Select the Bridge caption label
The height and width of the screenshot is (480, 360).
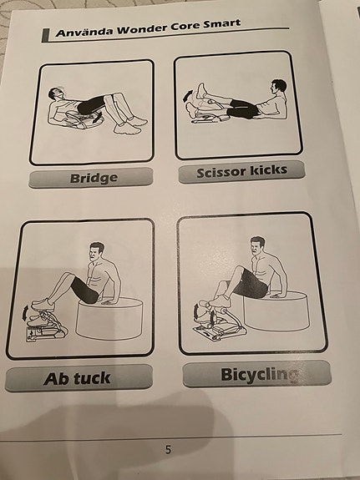point(91,177)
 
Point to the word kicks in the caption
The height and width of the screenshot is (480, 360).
point(268,170)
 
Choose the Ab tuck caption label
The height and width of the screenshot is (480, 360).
point(79,378)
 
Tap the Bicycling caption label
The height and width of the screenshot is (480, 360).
point(257,374)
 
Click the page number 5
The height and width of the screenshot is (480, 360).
point(168,449)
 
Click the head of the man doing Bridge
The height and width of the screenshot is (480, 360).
point(56,94)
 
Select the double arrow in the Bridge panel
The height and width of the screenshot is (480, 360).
point(98,118)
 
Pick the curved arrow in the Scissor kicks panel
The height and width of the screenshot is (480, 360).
point(187,96)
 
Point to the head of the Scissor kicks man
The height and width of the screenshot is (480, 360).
point(278,88)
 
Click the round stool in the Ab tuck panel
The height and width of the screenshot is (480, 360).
point(109,318)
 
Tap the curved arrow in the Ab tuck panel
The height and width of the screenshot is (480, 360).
point(24,313)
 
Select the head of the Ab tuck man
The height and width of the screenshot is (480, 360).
point(97,252)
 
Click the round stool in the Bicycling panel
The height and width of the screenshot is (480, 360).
point(276,311)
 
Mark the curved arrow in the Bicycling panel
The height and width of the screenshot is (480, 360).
point(196,312)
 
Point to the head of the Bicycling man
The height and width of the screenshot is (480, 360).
point(257,246)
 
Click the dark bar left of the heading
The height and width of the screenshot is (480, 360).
point(45,35)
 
